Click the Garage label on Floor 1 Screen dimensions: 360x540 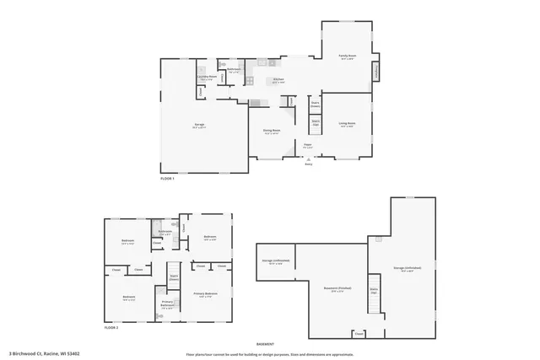(199, 126)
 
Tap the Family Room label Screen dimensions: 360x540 (346, 57)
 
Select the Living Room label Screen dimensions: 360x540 (347, 125)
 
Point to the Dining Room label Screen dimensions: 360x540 (271, 132)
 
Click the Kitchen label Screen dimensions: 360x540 (278, 81)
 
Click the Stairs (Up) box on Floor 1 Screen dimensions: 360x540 (316, 122)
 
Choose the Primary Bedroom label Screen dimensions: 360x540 (205, 294)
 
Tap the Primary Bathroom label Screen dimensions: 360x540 (167, 304)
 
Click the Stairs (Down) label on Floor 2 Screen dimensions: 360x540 (174, 277)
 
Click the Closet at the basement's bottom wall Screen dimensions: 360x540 (359, 333)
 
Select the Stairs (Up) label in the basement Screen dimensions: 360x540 (374, 290)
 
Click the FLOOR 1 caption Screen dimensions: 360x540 (167, 179)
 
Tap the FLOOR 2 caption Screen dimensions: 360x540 (111, 327)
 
